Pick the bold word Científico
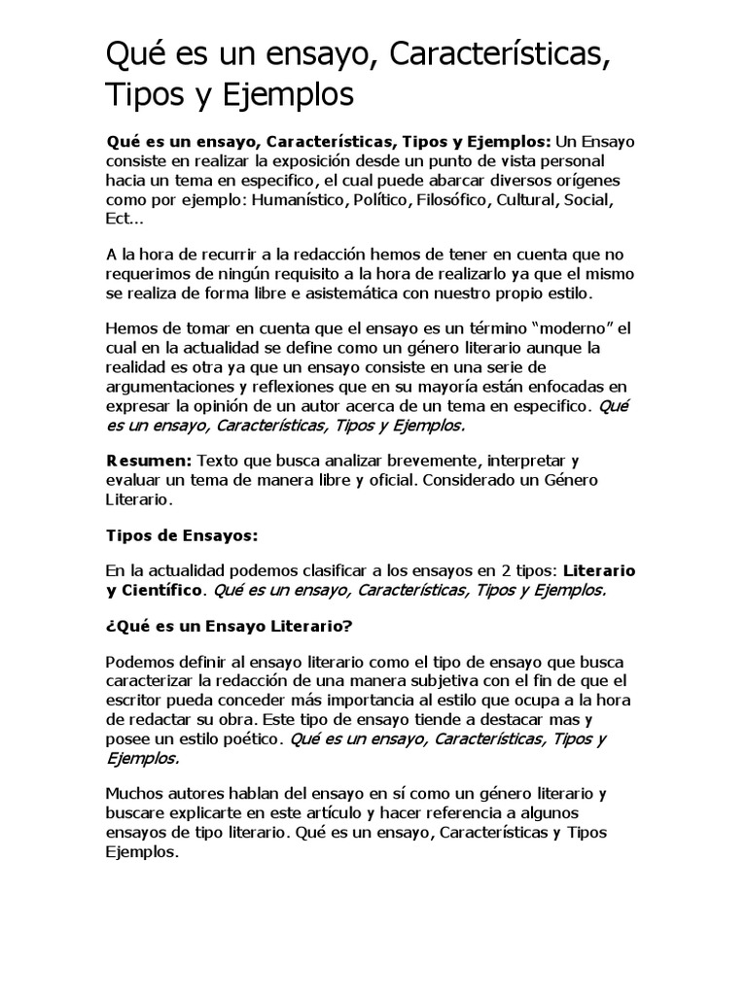[x=160, y=590]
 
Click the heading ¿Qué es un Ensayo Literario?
[x=228, y=627]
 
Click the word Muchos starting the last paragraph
[x=135, y=794]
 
